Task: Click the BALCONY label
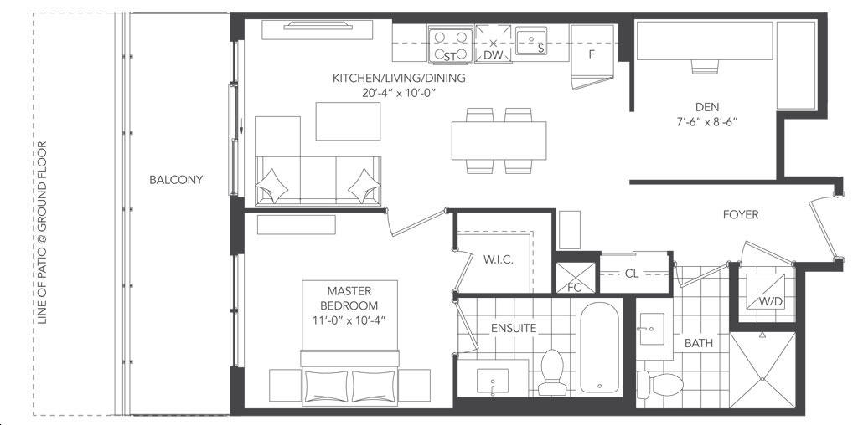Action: tap(176, 180)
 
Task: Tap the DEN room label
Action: tap(707, 107)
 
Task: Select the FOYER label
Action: tap(741, 215)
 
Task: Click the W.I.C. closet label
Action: tap(498, 259)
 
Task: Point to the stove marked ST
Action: tap(450, 45)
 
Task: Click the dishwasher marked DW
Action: tap(493, 44)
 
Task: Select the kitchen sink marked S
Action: tap(530, 41)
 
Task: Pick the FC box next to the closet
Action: tap(575, 278)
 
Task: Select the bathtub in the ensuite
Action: tap(599, 348)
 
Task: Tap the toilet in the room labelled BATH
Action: tap(660, 382)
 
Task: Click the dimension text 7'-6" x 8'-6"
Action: tap(707, 122)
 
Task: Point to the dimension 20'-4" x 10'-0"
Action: tap(399, 92)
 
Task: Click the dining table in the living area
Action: tap(499, 141)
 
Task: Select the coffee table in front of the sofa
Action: tap(348, 121)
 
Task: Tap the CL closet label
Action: tap(632, 274)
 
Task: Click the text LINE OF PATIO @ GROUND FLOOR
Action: tap(43, 233)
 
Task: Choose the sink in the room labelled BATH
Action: tap(650, 329)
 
